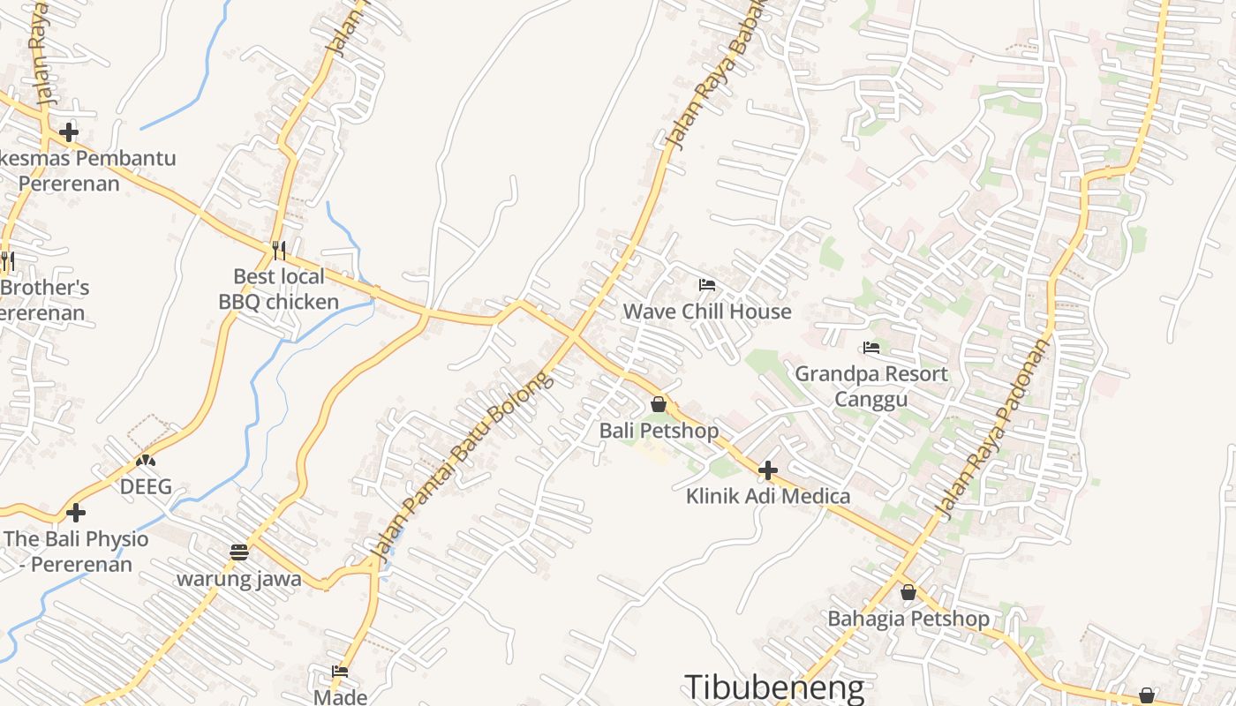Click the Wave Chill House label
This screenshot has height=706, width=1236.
(x=707, y=312)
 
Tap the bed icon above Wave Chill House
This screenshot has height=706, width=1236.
(x=706, y=285)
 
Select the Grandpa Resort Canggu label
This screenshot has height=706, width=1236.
(x=871, y=387)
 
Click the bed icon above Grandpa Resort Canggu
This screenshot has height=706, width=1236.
(x=871, y=347)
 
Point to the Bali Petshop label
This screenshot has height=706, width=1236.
(x=659, y=431)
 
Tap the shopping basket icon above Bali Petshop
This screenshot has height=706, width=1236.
(x=659, y=404)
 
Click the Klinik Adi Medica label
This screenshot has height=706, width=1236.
(x=768, y=496)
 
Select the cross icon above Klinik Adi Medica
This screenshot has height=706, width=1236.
(x=768, y=469)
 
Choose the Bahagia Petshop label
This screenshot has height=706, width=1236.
(x=908, y=619)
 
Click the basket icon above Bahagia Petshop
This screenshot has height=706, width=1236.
(x=908, y=592)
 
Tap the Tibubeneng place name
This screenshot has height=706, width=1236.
(x=774, y=687)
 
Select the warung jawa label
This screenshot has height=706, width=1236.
(x=239, y=580)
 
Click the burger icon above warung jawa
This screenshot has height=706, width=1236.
(x=239, y=552)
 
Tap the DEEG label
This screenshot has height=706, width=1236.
(x=146, y=486)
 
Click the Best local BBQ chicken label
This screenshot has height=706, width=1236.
(x=279, y=289)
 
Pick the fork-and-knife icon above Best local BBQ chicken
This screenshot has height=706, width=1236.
(x=279, y=250)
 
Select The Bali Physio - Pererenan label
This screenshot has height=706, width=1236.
(x=76, y=552)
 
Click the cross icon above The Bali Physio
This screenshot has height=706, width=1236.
(x=76, y=512)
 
